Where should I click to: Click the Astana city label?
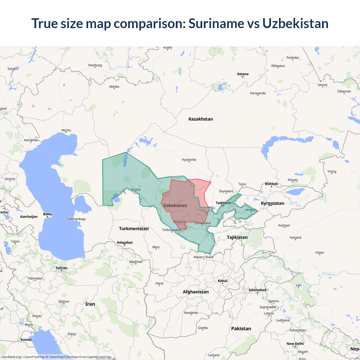coord(243,74)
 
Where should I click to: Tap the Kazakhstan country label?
coord(201,119)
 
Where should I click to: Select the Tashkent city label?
coord(223,203)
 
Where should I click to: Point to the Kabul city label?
coord(222,281)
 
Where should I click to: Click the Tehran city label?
coord(61,268)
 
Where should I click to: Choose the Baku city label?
coord(47,214)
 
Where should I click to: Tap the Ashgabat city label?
coord(125,242)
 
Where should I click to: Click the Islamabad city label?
coord(257,290)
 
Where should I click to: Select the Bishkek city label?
coord(271,184)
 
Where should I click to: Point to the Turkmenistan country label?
coord(134,229)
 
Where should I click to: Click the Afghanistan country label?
coord(196,292)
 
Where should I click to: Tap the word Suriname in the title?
coord(216,23)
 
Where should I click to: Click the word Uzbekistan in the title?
coord(295,23)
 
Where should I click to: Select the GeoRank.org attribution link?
coord(11,357)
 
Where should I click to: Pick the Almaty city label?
coord(292,180)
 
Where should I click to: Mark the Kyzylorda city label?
coord(189,160)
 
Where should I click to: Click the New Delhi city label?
coord(295,344)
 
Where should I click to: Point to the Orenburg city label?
coord(95,65)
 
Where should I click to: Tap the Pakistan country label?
coord(241,328)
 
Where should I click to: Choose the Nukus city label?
coord(136,190)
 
